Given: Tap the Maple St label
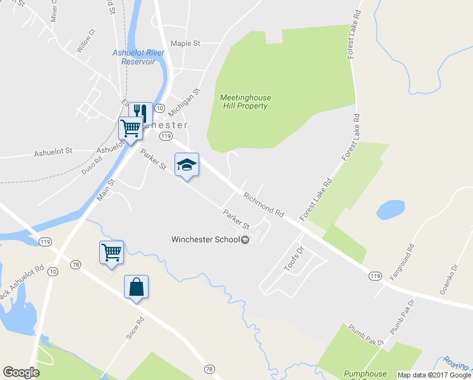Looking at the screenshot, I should pos(185,44).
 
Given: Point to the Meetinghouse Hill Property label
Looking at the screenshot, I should pos(245,102).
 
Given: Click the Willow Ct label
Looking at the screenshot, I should pos(85,40).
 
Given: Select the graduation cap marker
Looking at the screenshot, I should pos(187,165).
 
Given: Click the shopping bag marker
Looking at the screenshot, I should pos(137,288).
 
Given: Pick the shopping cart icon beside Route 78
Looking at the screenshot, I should pos(112,253).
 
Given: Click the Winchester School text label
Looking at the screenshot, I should pos(206,239).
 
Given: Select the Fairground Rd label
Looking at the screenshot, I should pos(401,262).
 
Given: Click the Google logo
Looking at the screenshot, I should pos(21,372).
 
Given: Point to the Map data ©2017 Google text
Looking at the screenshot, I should pos(434,375).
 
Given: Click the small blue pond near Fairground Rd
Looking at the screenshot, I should pos(390,210).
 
